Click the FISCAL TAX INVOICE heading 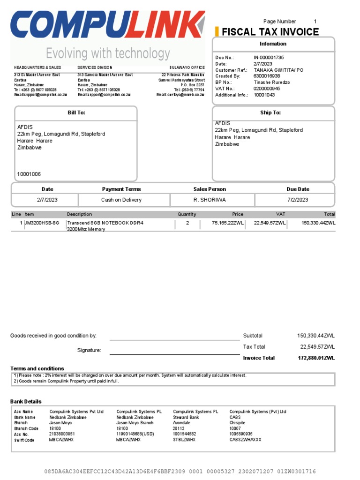pyautogui.click(x=270, y=32)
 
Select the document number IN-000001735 pyautogui.click(x=269, y=57)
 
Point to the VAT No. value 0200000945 pyautogui.click(x=267, y=88)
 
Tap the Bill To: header pyautogui.click(x=76, y=113)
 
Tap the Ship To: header pyautogui.click(x=270, y=113)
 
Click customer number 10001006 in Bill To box pyautogui.click(x=29, y=174)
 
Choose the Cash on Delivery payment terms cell pyautogui.click(x=121, y=200)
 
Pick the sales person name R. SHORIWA pyautogui.click(x=210, y=200)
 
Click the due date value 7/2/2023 pyautogui.click(x=298, y=200)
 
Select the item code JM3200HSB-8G pyautogui.click(x=42, y=223)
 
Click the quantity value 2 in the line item pyautogui.click(x=187, y=223)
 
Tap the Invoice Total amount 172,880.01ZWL pyautogui.click(x=316, y=358)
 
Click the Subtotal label pyautogui.click(x=253, y=336)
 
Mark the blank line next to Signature pyautogui.click(x=174, y=354)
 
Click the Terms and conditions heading pyautogui.click(x=37, y=368)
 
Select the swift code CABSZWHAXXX pyautogui.click(x=245, y=440)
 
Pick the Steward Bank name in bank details pyautogui.click(x=186, y=417)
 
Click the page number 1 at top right pyautogui.click(x=315, y=22)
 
